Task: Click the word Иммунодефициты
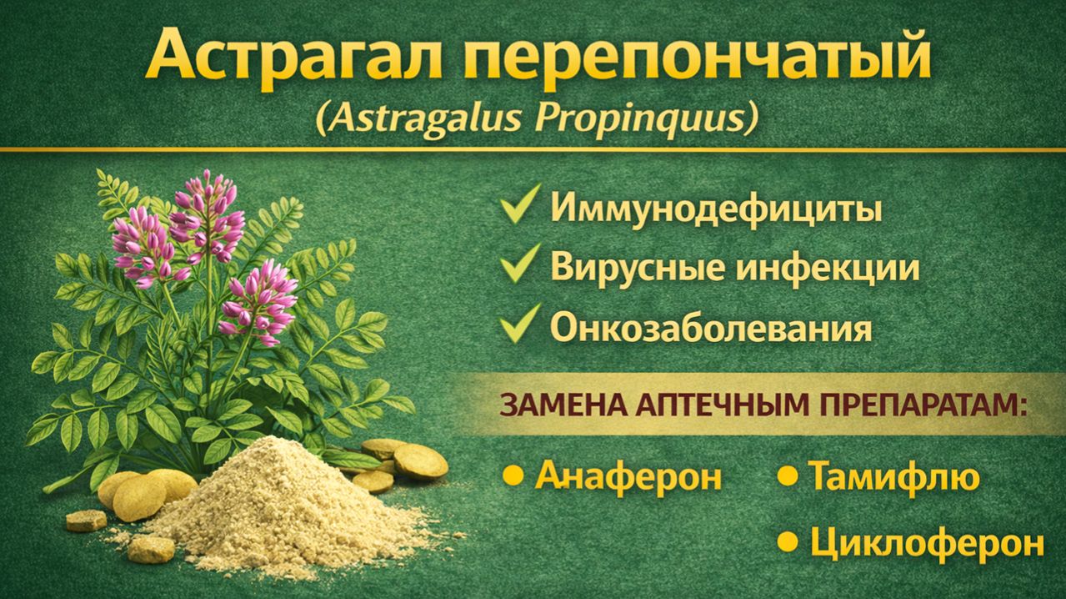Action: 715,209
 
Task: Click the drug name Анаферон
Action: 628,477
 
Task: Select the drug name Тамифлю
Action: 893,477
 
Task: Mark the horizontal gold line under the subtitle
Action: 533,149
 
